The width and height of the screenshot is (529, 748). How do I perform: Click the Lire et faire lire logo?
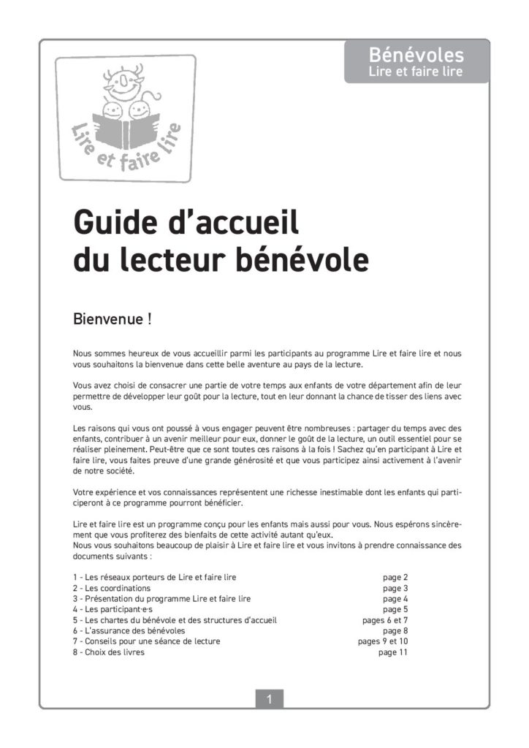click(126, 118)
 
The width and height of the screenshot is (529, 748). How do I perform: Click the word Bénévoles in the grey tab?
click(416, 55)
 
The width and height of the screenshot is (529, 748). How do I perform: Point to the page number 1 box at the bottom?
click(269, 699)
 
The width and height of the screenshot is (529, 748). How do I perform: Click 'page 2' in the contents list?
click(395, 577)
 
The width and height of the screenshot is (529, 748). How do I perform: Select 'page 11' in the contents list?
click(392, 652)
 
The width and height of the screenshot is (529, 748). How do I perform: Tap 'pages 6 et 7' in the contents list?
click(385, 620)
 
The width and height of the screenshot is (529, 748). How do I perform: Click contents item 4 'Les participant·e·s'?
click(113, 609)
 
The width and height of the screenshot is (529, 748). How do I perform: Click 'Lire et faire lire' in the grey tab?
click(416, 72)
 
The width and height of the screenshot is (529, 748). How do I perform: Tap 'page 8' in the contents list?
click(395, 630)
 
